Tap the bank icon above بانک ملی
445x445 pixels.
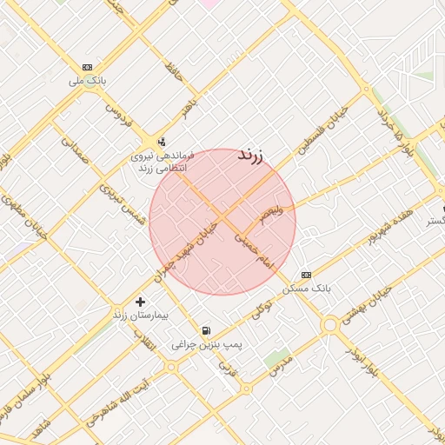click(x=87, y=67)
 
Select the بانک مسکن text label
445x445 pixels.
click(x=308, y=287)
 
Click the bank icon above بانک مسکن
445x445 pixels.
click(x=306, y=275)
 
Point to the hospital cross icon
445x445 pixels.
click(x=140, y=301)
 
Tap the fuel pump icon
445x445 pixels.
click(x=206, y=330)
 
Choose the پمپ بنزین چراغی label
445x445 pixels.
click(x=206, y=344)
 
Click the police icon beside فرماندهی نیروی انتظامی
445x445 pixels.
click(x=161, y=142)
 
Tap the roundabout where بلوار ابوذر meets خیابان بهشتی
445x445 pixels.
click(x=329, y=325)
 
